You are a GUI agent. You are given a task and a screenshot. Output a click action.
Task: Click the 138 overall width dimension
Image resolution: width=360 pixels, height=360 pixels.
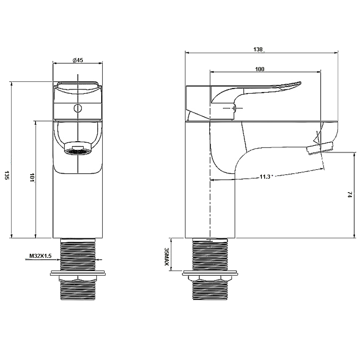(x=258, y=50)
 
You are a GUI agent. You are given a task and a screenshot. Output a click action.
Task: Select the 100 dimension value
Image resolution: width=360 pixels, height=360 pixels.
(x=260, y=69)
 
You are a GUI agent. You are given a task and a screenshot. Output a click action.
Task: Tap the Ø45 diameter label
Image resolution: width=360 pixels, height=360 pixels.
(x=77, y=61)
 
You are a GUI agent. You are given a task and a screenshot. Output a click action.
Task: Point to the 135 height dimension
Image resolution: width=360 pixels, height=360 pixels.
(x=6, y=175)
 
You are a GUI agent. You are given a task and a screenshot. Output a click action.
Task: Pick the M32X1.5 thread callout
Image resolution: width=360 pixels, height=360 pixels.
(x=40, y=256)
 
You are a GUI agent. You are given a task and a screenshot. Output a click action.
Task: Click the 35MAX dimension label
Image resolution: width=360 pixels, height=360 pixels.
(x=166, y=257)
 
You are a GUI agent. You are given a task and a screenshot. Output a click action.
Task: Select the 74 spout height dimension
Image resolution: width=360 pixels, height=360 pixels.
(x=350, y=194)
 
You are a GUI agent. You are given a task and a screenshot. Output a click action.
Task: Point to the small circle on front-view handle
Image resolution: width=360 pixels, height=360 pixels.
(x=77, y=108)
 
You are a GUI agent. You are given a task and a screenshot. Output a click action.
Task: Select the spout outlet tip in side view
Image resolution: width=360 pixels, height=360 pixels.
(x=320, y=148)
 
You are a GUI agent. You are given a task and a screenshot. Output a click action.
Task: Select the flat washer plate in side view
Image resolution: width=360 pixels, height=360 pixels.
(x=211, y=273)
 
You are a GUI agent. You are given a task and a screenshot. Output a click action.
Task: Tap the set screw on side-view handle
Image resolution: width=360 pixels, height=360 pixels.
(x=234, y=108)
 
